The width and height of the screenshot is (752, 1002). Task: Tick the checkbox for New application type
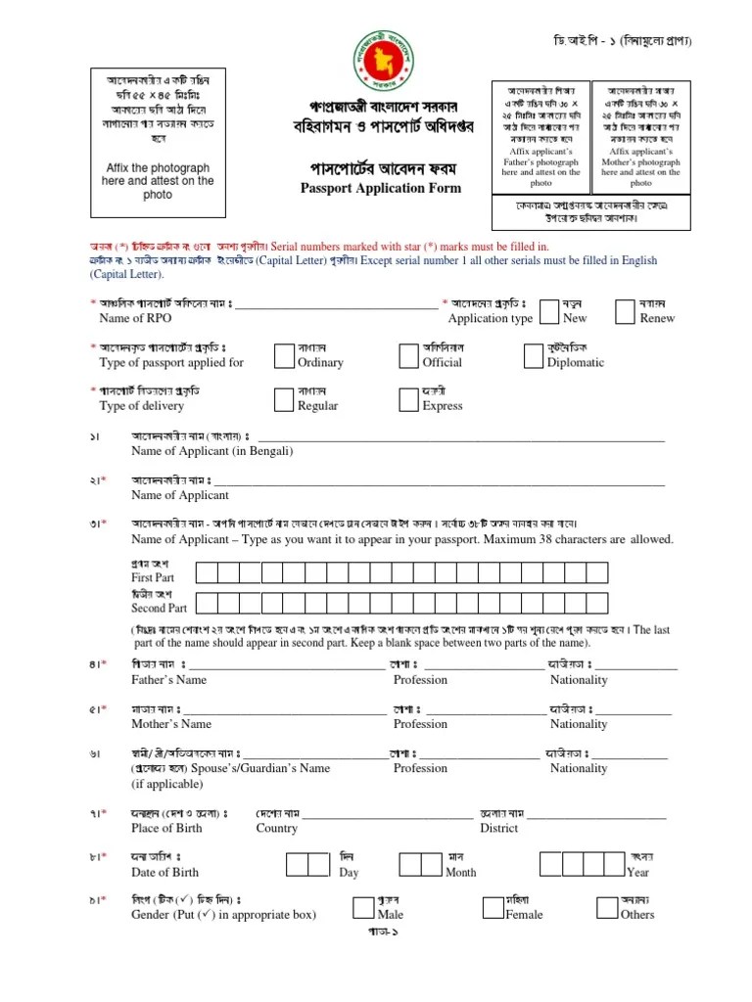[550, 311]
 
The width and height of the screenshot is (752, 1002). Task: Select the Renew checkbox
[626, 311]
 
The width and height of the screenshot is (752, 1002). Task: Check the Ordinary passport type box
[284, 355]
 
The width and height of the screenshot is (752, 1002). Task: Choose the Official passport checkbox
[409, 355]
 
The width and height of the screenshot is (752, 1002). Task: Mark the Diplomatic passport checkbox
[534, 355]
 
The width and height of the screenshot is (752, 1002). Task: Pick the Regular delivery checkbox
[284, 398]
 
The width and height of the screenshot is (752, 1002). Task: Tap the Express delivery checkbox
[409, 398]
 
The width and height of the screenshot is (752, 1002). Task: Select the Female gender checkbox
[494, 907]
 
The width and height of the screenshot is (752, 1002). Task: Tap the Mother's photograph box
[640, 135]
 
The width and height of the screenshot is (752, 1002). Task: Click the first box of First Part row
[207, 572]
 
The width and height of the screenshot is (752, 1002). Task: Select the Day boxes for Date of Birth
[307, 863]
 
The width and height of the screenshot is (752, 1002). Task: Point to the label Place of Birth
[166, 828]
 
